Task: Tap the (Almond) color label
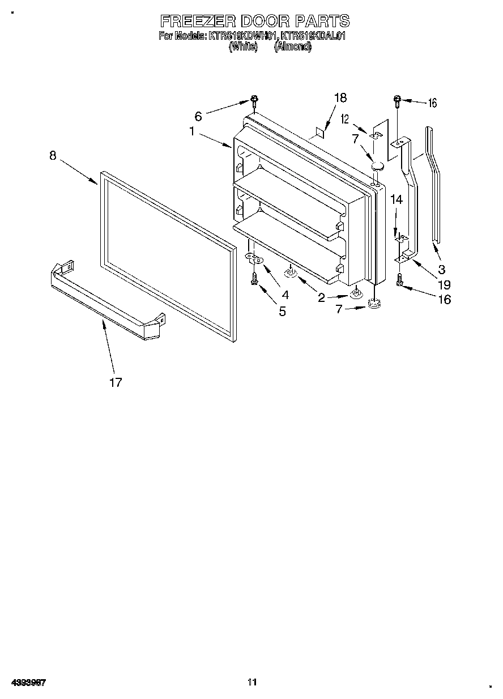pos(292,47)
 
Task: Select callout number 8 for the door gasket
pos(53,155)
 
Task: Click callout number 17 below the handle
pos(116,383)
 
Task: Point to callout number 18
pos(340,97)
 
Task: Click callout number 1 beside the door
pos(193,131)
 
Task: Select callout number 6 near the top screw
pos(198,116)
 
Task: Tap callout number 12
pos(344,119)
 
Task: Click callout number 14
pos(397,199)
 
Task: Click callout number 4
pos(285,295)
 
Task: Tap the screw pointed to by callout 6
pos(254,103)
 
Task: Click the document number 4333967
pos(28,682)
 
